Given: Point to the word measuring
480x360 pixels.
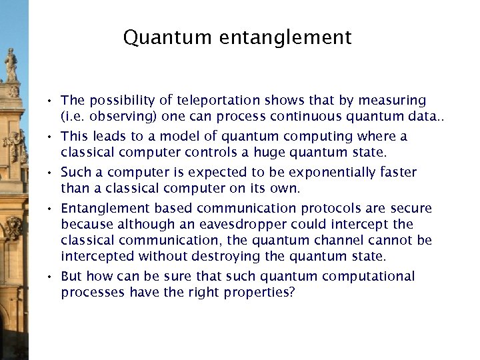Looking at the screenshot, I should pyautogui.click(x=392, y=101).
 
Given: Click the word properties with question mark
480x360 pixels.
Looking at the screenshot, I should pyautogui.click(x=257, y=293).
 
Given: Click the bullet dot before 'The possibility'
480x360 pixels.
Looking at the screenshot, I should pyautogui.click(x=50, y=102).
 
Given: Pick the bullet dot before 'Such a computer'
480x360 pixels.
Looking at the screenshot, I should pyautogui.click(x=50, y=174).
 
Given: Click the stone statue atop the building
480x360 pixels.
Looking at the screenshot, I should pyautogui.click(x=11, y=65).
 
